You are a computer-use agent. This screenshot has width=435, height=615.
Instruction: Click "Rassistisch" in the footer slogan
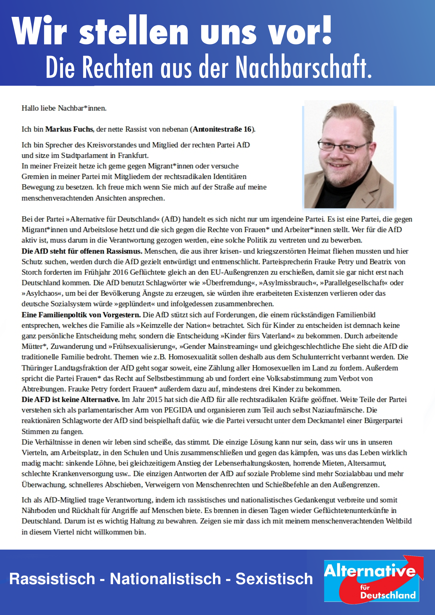point(52,579)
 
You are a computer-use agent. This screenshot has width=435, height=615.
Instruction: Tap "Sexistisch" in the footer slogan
point(274,579)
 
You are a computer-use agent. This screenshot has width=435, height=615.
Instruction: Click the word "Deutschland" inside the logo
point(388,595)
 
